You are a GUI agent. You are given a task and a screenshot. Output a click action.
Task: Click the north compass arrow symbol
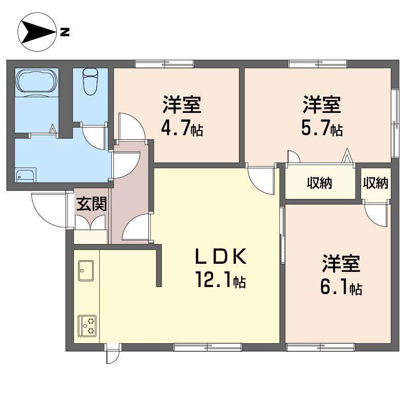[36, 33]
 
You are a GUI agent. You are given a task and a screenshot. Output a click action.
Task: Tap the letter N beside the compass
[64, 33]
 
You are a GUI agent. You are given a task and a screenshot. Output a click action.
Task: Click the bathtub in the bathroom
[36, 82]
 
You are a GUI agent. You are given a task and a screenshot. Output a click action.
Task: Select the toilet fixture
[91, 83]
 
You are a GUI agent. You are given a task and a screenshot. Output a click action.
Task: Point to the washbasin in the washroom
[25, 176]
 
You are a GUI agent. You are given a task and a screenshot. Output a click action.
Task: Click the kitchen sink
[85, 270]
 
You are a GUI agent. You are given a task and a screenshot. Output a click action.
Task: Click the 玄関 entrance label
[91, 204]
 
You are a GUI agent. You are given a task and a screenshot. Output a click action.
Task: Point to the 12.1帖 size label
[221, 280]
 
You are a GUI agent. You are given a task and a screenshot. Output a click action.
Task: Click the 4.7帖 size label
[182, 129]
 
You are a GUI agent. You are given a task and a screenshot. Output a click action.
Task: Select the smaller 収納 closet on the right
[375, 183]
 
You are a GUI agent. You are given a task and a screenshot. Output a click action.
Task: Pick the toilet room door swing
[94, 135]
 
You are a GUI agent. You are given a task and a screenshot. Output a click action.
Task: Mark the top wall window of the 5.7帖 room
[317, 64]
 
